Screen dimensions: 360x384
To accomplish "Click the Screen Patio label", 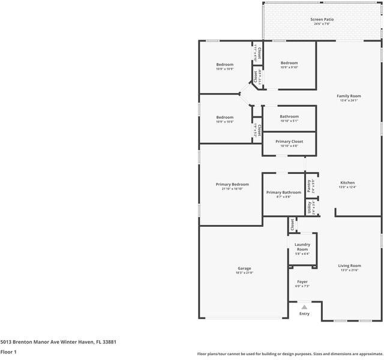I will (322, 19).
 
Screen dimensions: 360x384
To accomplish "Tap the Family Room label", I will (349, 96).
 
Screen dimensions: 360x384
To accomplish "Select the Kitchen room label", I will (348, 182).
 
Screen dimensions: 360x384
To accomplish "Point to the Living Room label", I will (349, 265).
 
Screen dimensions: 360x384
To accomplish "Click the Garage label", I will (244, 268).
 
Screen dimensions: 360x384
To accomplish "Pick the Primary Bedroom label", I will (232, 184).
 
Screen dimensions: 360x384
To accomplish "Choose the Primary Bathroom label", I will (284, 192).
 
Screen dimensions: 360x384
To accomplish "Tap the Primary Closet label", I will (289, 142).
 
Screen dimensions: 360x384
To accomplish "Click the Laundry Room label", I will (302, 247).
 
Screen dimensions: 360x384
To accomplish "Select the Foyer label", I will (302, 281).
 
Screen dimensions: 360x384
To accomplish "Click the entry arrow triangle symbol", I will (304, 307).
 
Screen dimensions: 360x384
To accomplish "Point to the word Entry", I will (304, 314).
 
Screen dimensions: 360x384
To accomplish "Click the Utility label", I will (310, 207).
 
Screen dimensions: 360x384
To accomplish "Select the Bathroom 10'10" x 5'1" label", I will (289, 116).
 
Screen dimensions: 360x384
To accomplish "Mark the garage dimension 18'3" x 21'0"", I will (244, 272).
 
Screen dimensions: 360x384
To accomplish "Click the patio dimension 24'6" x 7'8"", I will (322, 24).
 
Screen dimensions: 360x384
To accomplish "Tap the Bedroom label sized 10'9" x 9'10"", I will (289, 63).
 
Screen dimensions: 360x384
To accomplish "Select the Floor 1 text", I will (8, 352).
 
